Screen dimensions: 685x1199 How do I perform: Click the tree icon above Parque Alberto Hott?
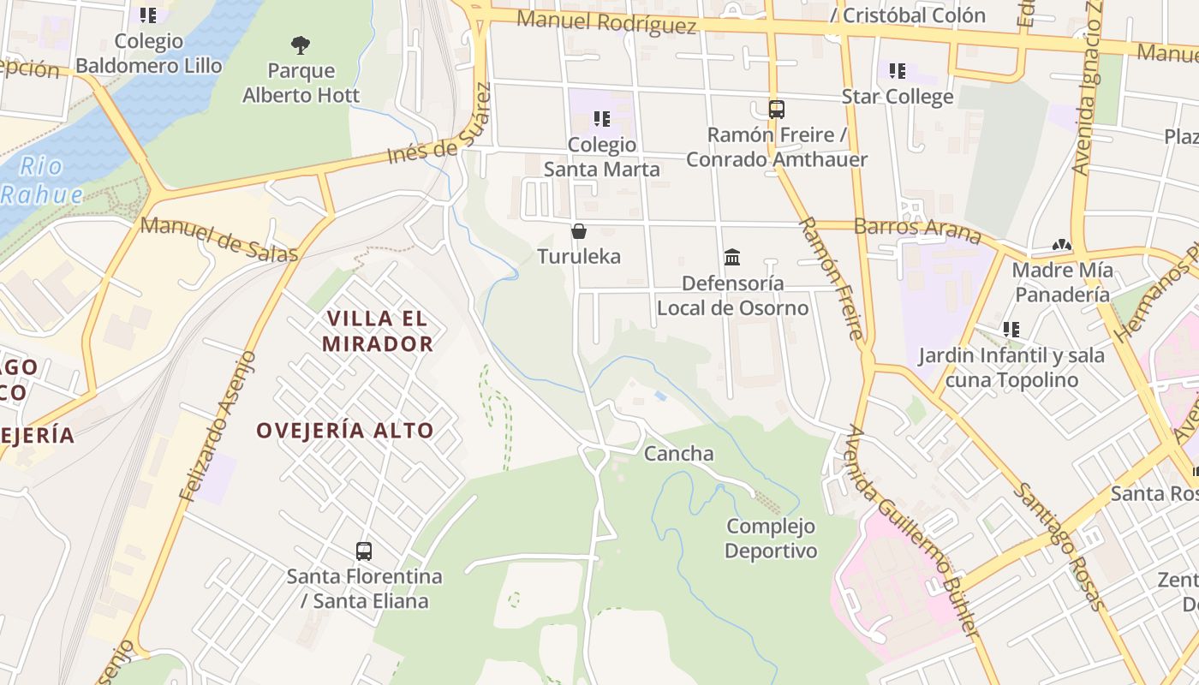[300, 44]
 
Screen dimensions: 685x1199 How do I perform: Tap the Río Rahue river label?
[42, 180]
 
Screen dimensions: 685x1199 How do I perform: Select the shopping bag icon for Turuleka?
[579, 231]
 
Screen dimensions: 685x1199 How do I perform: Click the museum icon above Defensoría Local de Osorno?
[732, 257]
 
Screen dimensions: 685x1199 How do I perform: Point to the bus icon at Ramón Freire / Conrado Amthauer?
[776, 110]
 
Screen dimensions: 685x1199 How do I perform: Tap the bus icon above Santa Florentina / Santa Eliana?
[364, 551]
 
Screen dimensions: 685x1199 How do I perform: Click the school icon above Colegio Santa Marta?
[601, 119]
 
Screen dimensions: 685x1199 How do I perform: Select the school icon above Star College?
[897, 70]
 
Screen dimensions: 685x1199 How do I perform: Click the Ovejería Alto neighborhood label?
[345, 430]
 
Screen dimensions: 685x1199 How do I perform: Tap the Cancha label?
[678, 453]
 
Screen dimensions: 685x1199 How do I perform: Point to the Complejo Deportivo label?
[771, 538]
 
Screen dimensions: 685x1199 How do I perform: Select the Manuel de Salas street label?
[219, 239]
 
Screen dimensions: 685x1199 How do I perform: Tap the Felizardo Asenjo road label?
[218, 426]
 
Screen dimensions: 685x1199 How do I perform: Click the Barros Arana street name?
[917, 228]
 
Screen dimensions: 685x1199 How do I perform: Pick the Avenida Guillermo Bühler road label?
[911, 530]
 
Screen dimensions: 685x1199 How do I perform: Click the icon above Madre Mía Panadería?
[1062, 245]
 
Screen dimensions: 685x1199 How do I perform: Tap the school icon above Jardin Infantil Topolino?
[1011, 329]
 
